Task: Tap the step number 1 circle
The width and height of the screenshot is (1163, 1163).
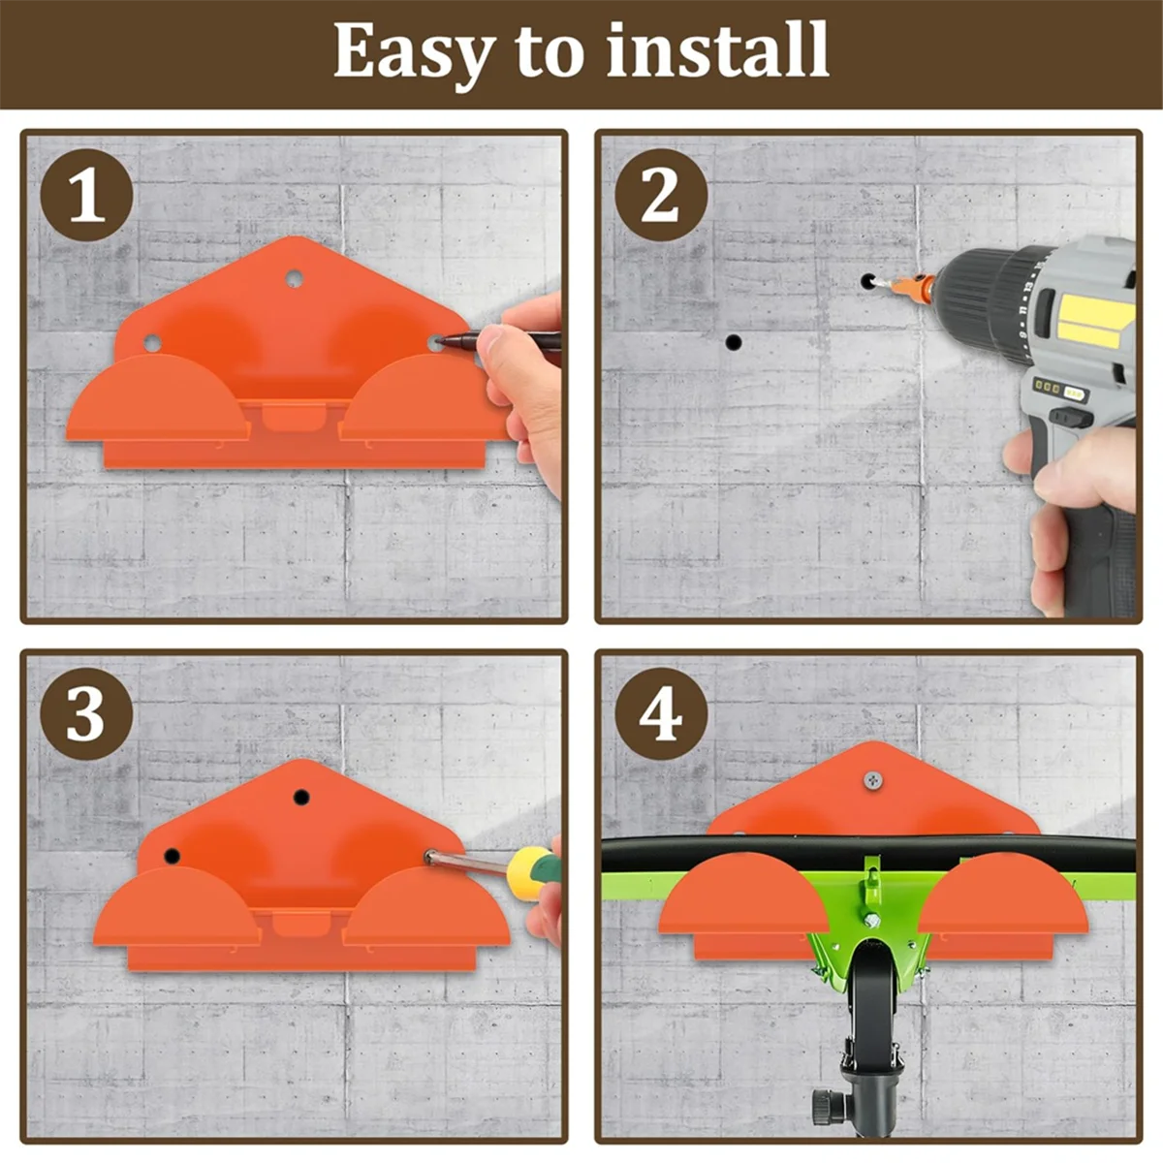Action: pos(87,195)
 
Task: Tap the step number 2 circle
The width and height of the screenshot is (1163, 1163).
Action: pos(662,195)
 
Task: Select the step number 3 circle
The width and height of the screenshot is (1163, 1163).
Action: pos(87,713)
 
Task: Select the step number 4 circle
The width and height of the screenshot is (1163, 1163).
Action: pos(662,713)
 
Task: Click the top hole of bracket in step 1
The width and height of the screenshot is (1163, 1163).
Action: pos(294,279)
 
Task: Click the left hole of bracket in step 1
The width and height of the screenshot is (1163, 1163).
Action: pos(152,343)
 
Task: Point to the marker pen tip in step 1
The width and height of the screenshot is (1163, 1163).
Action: pos(439,341)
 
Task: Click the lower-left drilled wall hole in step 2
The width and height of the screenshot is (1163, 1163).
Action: pos(734,342)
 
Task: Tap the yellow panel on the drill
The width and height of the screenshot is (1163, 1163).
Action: pos(1093,320)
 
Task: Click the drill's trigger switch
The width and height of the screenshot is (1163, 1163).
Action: pos(1071,416)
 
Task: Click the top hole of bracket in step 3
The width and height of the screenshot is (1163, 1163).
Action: pos(301,798)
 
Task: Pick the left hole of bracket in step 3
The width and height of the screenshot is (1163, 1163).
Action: pos(172,856)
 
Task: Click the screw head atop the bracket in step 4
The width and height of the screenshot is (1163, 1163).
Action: pos(872,780)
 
